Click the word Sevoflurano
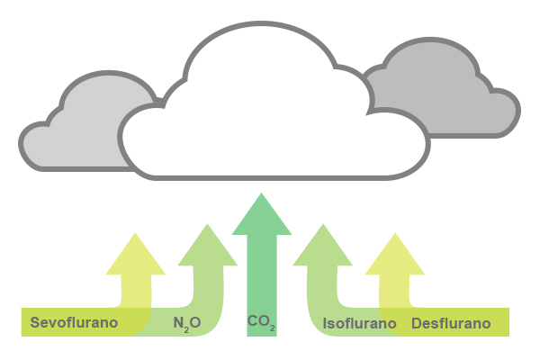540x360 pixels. click(x=74, y=322)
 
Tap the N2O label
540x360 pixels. click(x=188, y=322)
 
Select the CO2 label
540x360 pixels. click(x=260, y=321)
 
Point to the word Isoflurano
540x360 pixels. click(x=359, y=322)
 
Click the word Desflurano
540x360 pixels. click(x=451, y=322)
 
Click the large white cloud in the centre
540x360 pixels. click(x=270, y=117)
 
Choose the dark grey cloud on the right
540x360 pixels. click(x=450, y=99)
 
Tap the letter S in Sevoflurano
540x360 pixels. click(x=35, y=322)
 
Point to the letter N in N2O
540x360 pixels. click(x=178, y=321)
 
